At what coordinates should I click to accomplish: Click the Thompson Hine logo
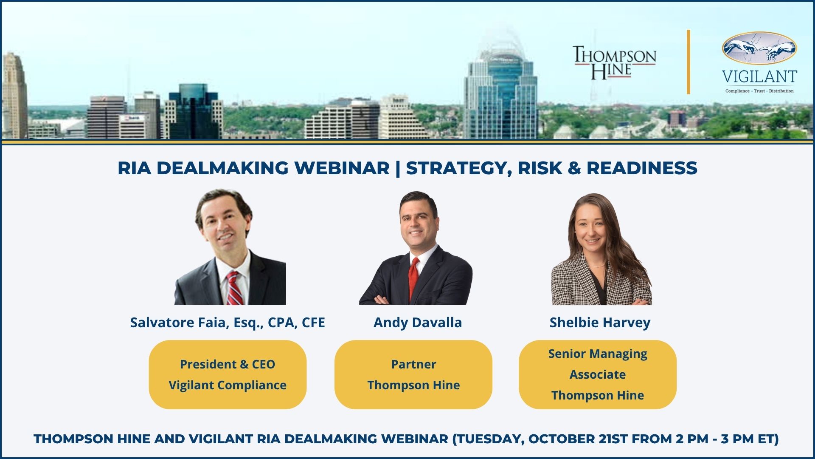[x=615, y=63]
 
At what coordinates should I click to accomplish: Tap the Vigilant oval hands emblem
[x=759, y=48]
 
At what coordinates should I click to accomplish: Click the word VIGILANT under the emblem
[x=759, y=77]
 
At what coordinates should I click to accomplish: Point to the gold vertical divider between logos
[x=689, y=62]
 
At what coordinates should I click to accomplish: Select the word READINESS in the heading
[x=642, y=168]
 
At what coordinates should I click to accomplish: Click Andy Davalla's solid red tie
[x=413, y=278]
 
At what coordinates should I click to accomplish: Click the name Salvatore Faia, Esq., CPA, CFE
[x=228, y=323]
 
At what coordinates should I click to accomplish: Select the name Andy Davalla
[x=418, y=323]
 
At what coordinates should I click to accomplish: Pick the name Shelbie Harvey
[x=600, y=323]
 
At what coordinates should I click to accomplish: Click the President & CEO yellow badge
[x=228, y=374]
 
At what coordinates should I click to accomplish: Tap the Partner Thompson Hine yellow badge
[x=413, y=374]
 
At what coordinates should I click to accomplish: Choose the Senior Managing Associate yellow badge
[x=598, y=374]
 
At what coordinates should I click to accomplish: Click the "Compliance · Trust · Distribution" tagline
[x=759, y=91]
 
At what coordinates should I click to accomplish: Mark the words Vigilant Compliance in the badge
[x=228, y=385]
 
